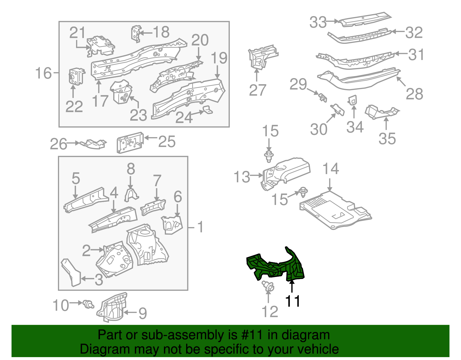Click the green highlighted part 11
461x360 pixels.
[x=277, y=267]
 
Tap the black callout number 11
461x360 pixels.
[x=292, y=301]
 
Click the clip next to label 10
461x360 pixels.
[x=88, y=304]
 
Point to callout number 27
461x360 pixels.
[x=257, y=90]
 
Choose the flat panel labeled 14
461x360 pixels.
[x=334, y=210]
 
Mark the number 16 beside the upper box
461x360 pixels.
[x=43, y=73]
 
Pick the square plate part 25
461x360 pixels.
[x=130, y=143]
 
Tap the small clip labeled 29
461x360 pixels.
[x=322, y=97]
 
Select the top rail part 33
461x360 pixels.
[x=364, y=20]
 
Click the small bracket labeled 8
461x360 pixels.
[x=131, y=194]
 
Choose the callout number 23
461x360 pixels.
[x=138, y=115]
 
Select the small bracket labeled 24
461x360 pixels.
[x=207, y=110]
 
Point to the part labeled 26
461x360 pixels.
[x=93, y=144]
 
